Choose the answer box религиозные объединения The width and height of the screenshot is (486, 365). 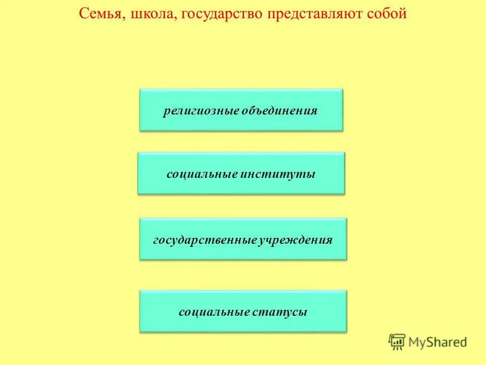241,110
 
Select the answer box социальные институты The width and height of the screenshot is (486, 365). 241,173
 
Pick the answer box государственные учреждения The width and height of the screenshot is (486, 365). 243,239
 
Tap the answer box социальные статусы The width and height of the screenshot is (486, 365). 243,311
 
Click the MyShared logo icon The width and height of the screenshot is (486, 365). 397,342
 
